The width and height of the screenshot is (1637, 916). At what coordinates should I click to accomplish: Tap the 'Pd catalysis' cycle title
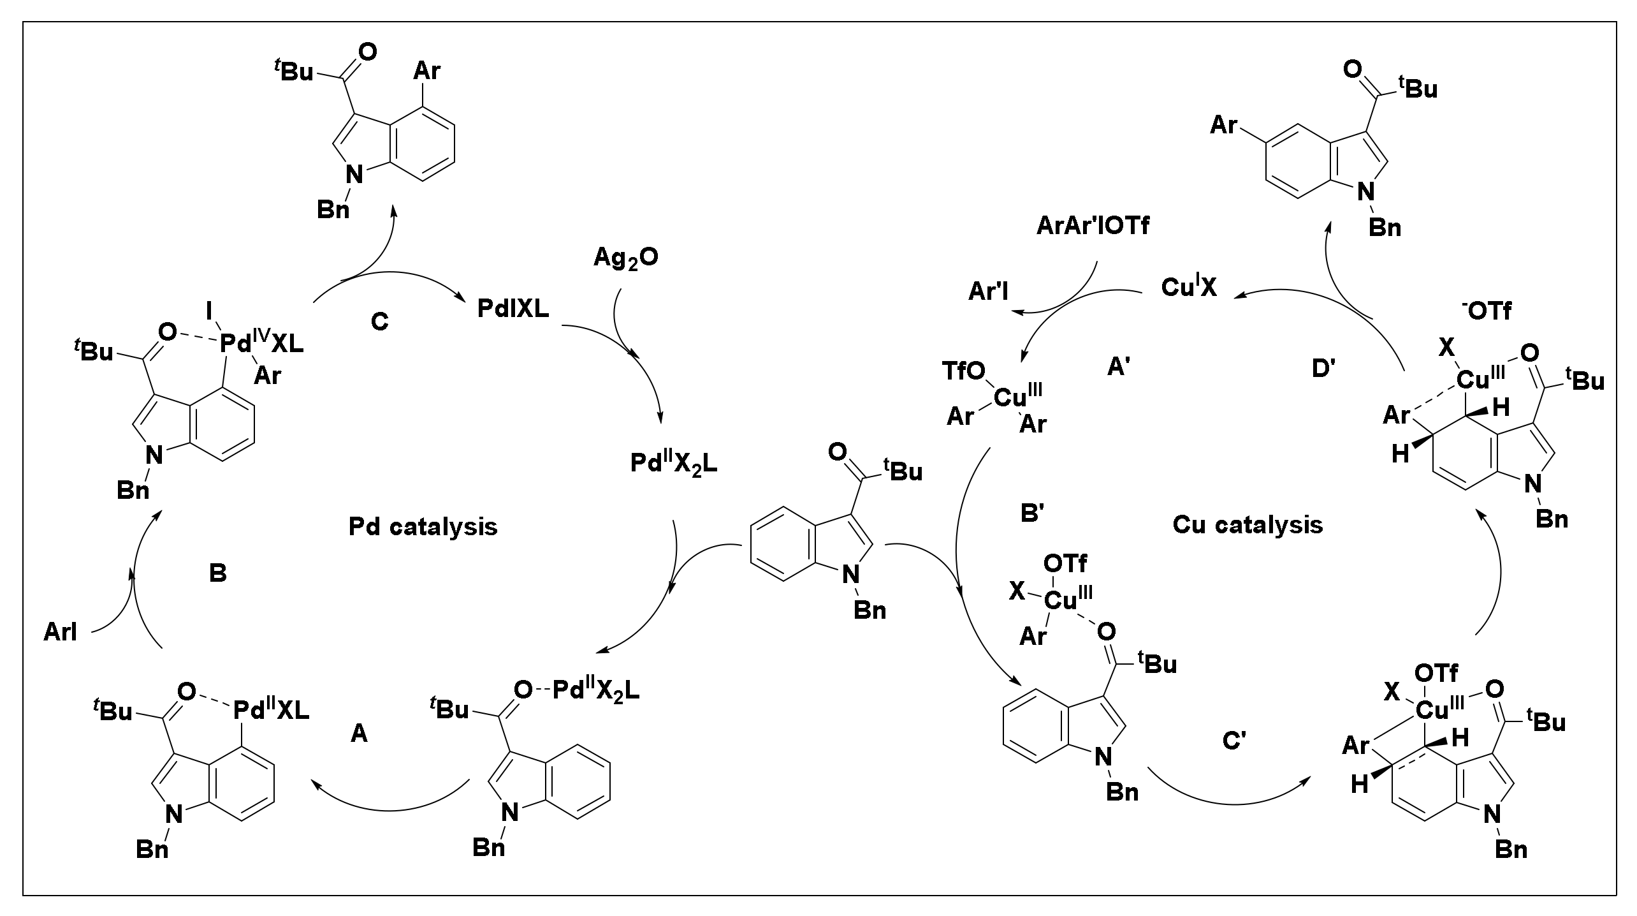[x=423, y=527]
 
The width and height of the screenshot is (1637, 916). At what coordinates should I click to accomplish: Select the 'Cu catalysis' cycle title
[x=1248, y=524]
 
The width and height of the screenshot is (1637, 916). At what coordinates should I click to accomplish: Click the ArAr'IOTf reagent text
[x=1093, y=226]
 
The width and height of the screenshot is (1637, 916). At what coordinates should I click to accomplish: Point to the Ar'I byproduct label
[x=989, y=291]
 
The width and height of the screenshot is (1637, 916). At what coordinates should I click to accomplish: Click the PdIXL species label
[x=513, y=310]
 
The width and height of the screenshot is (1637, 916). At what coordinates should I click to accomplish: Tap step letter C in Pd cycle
[x=379, y=322]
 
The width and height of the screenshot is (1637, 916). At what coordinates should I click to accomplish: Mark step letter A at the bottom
[x=359, y=734]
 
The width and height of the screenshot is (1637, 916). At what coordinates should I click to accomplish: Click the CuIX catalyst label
[x=1189, y=287]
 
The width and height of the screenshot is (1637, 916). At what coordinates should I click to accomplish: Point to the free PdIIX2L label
[x=674, y=464]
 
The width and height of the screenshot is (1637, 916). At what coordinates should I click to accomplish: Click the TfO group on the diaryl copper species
[x=963, y=371]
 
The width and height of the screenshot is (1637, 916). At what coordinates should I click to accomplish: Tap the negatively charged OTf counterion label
[x=1486, y=311]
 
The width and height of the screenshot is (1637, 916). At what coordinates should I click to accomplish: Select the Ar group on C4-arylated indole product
[x=426, y=71]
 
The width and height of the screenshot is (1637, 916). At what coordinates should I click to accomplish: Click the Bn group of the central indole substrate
[x=869, y=610]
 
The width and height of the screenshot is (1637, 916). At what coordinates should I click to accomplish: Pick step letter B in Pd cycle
[x=218, y=573]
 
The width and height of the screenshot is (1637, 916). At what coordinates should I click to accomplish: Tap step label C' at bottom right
[x=1235, y=741]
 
